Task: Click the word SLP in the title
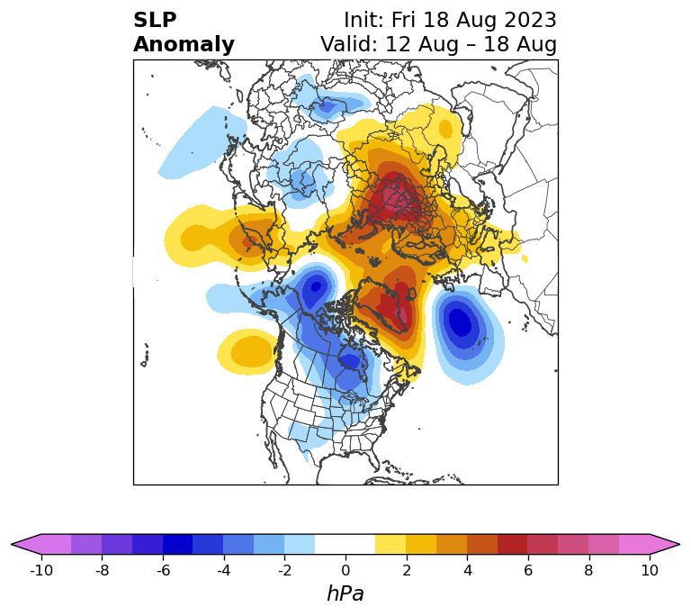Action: [x=155, y=21]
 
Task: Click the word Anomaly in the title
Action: [x=184, y=45]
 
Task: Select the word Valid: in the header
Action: [x=349, y=44]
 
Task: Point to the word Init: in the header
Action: [x=364, y=21]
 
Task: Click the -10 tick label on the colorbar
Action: [x=41, y=571]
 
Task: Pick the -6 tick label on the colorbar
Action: [x=163, y=571]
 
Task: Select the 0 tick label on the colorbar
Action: [x=345, y=571]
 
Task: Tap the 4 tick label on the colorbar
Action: [x=468, y=571]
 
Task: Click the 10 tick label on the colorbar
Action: [x=650, y=571]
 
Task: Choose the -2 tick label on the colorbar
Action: [x=284, y=571]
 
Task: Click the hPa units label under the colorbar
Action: [x=345, y=593]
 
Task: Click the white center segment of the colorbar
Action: [x=345, y=545]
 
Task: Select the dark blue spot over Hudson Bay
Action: [x=352, y=361]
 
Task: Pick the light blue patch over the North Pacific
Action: [x=202, y=143]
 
